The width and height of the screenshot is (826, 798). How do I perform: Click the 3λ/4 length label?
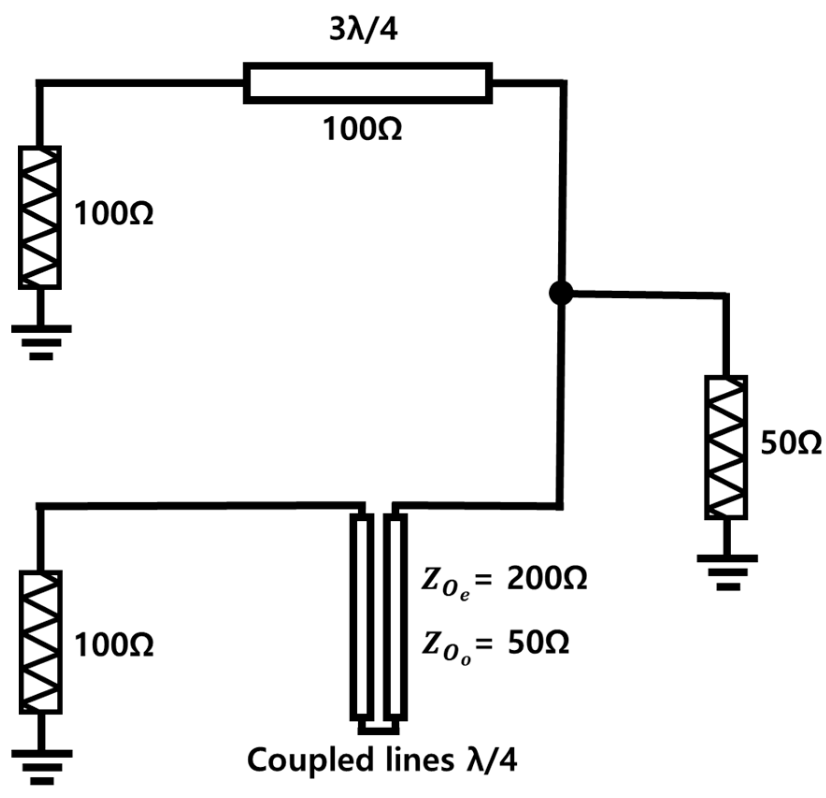(363, 30)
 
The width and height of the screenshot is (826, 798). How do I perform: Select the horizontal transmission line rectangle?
(368, 83)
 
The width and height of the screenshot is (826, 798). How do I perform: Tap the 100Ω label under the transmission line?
(362, 129)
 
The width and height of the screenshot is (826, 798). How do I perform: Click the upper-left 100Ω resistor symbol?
(40, 217)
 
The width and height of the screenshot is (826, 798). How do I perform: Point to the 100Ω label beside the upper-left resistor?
(114, 215)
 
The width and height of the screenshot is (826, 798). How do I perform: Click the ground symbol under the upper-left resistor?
(41, 342)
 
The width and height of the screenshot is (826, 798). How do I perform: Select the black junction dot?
(561, 293)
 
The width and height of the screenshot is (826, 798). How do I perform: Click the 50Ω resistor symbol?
(726, 447)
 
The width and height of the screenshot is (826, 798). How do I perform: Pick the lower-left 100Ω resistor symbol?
(40, 642)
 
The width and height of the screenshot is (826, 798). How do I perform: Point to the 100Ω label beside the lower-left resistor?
(114, 646)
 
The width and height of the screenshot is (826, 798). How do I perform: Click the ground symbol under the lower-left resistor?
(42, 767)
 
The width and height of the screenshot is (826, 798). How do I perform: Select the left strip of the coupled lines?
(362, 617)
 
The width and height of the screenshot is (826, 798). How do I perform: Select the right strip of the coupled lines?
(396, 617)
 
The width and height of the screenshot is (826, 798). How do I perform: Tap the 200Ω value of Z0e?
(547, 580)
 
